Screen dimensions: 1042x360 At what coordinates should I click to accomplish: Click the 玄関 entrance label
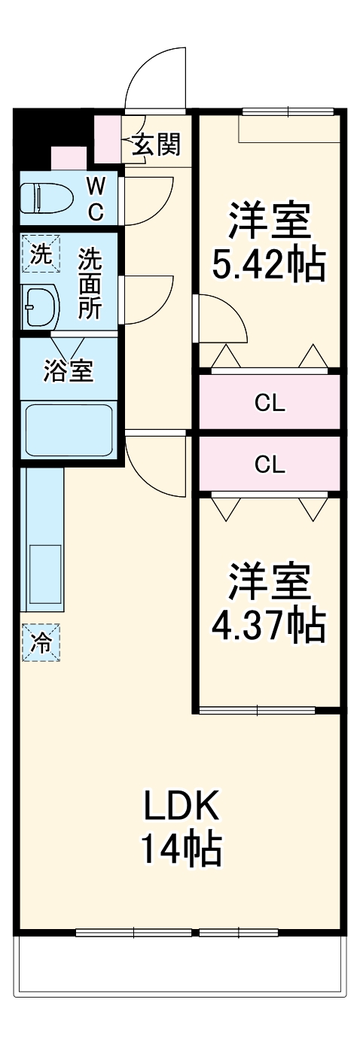pyautogui.click(x=157, y=144)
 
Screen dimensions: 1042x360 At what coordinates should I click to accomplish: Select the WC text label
pyautogui.click(x=96, y=199)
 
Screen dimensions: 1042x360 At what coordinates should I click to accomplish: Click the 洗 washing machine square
pyautogui.click(x=38, y=254)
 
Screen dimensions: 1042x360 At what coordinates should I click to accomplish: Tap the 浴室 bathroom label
pyautogui.click(x=68, y=370)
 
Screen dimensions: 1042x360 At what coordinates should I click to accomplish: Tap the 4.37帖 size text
pyautogui.click(x=270, y=623)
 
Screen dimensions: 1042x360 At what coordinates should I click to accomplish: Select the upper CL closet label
pyautogui.click(x=270, y=404)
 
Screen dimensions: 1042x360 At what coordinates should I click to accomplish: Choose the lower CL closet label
pyautogui.click(x=270, y=464)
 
